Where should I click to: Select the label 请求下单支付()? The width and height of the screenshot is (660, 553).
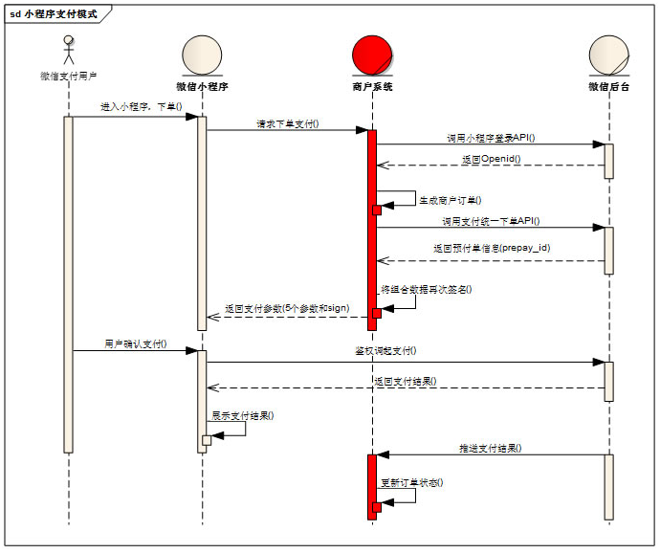[288, 123]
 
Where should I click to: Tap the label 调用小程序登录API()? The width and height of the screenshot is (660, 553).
[490, 138]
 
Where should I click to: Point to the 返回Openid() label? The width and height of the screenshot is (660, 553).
[491, 158]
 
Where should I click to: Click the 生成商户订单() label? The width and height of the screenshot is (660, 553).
[451, 200]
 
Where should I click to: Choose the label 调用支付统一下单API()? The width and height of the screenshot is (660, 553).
[489, 221]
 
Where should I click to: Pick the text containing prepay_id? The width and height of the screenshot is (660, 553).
[491, 247]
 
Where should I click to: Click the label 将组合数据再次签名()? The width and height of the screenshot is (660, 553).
[427, 288]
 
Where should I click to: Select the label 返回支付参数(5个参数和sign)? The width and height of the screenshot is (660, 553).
[287, 308]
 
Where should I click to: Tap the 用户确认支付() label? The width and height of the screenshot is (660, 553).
[136, 343]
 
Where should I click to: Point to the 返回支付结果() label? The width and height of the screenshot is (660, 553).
[405, 381]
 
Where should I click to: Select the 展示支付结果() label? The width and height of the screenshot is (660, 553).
[242, 415]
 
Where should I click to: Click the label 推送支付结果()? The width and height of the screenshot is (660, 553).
[491, 448]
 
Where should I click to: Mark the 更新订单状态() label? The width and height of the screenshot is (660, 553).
[412, 482]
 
